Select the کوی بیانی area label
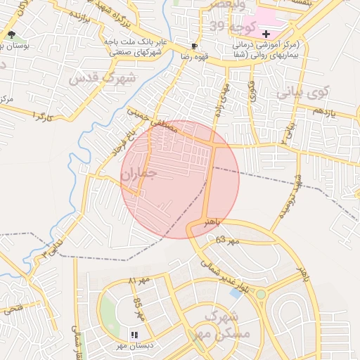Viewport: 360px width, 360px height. pos(302,91)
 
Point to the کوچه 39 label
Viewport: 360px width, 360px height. pos(226,26)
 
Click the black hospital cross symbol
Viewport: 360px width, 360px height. pos(266,34)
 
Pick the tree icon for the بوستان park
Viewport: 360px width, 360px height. pos(11,34)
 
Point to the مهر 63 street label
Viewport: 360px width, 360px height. pos(226,241)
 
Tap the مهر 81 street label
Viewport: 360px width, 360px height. pos(139,281)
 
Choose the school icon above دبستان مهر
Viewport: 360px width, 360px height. pos(134,335)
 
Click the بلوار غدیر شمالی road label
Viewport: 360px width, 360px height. pos(226,276)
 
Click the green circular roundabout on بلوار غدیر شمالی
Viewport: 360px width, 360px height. pos(260,294)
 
